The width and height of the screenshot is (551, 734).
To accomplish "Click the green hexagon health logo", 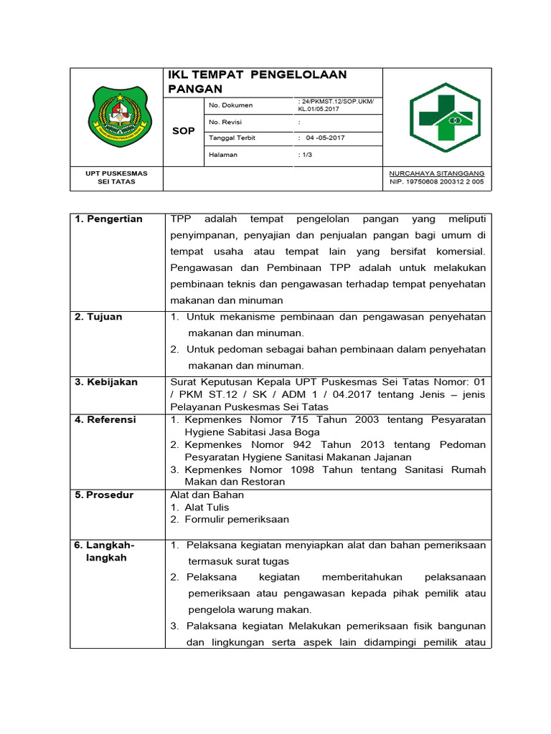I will pos(446,118).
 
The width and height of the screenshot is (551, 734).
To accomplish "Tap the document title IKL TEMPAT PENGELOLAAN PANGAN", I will pos(258,82).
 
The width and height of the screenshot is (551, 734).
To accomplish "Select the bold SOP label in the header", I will pos(184,131).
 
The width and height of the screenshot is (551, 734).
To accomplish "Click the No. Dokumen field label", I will pos(230,106).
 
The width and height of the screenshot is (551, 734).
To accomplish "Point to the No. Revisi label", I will pos(225,122).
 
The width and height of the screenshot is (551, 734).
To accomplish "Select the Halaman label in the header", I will pos(223,154).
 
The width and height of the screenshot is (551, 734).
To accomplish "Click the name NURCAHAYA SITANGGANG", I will pos(436,173).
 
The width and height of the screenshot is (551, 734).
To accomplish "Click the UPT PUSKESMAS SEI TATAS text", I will pos(116,178).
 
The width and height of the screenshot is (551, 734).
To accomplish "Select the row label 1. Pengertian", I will pos(108,219).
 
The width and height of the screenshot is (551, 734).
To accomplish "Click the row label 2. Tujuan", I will pos(98,317).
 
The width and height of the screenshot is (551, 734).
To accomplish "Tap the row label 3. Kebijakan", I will pos(106,382).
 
